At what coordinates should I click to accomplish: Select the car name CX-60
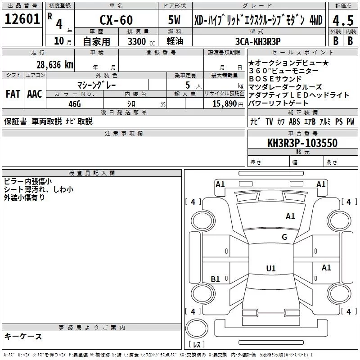pos(115,21)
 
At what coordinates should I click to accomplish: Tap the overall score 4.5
pos(342,21)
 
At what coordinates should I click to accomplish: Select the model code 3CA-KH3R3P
pos(257,41)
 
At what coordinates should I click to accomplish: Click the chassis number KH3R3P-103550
pos(302,143)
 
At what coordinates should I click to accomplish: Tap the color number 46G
pos(74,103)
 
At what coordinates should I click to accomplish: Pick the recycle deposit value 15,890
pos(223,103)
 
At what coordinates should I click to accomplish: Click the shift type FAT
pos(13,94)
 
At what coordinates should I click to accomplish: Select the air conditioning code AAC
pos(34,94)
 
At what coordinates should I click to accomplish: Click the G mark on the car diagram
pos(284,237)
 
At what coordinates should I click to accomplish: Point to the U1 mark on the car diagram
pos(270,269)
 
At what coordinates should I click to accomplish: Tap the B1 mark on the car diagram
pos(216,279)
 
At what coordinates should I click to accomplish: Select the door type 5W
pos(175,21)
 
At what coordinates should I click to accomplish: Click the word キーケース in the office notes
pos(23,336)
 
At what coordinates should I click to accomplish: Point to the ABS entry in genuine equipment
pos(294,121)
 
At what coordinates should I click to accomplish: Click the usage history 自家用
pos(96,41)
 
